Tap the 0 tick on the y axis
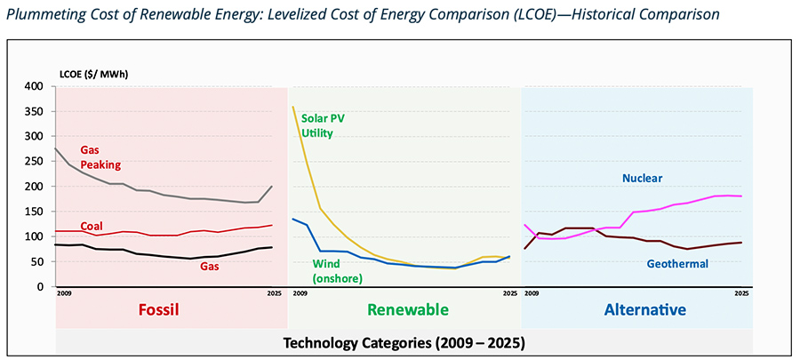(x=41, y=287)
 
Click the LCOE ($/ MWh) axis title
(x=93, y=73)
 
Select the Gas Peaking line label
(x=100, y=157)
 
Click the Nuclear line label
(x=643, y=178)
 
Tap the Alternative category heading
(x=644, y=310)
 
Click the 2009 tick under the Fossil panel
(x=63, y=293)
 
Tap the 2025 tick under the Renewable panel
(x=509, y=293)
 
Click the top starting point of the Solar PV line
(x=293, y=108)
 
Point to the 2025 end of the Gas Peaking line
(x=272, y=187)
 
